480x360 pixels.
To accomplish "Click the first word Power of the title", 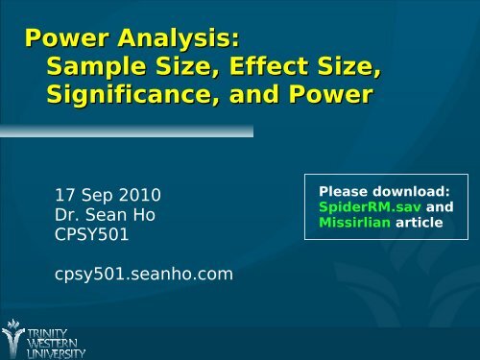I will coord(65,40).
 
